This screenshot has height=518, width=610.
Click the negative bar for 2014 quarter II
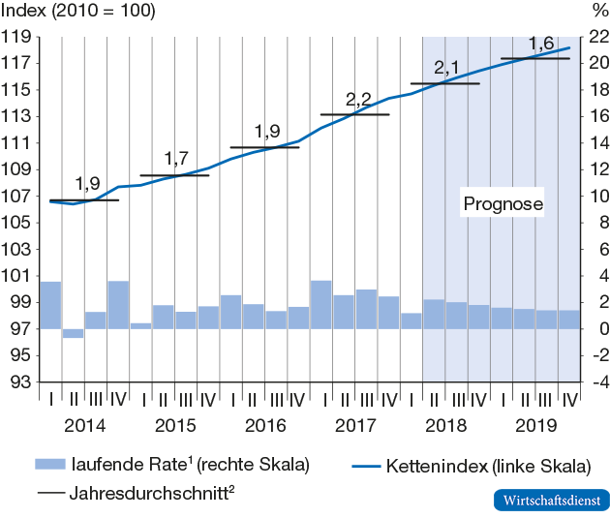tap(74, 333)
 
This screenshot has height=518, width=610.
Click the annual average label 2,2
tap(358, 100)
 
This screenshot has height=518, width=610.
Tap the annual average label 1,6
tap(541, 44)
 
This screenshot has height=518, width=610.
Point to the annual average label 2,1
tap(446, 69)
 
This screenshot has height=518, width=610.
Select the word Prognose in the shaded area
tap(503, 204)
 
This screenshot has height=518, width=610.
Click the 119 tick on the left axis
tap(18, 37)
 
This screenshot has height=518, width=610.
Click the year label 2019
tap(534, 425)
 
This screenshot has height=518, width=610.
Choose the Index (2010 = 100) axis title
tap(78, 11)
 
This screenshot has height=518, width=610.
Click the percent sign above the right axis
tap(595, 11)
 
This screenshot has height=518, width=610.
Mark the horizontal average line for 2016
tap(264, 147)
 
